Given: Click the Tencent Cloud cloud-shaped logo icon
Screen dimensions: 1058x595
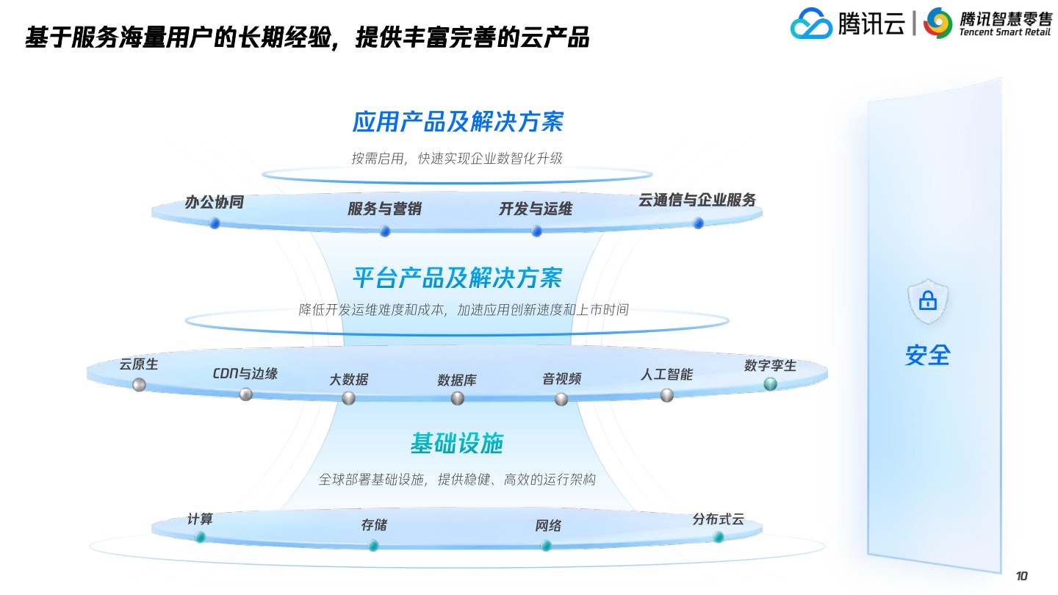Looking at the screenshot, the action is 811,24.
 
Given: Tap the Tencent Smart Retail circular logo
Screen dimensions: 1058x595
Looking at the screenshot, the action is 938,23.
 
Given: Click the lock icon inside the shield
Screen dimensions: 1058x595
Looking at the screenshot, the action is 928,300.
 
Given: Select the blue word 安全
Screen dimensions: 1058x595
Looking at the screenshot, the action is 928,355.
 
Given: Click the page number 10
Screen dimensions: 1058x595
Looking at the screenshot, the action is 1021,576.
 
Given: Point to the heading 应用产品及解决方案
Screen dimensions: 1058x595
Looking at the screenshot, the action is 458,122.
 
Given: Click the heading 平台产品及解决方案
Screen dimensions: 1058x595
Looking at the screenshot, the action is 458,278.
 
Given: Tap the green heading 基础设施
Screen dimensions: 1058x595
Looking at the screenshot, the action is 457,444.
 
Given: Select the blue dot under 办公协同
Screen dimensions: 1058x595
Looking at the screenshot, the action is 215,223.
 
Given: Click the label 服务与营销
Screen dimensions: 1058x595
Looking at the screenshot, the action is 384,209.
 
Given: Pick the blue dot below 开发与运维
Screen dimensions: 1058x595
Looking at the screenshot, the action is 536,231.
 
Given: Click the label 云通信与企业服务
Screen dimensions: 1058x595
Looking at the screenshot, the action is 697,201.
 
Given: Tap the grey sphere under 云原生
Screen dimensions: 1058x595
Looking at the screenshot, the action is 139,385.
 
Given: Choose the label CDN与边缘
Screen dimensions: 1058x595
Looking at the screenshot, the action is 245,373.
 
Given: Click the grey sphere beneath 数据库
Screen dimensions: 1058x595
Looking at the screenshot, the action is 457,399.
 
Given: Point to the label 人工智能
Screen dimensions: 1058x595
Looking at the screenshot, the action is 666,375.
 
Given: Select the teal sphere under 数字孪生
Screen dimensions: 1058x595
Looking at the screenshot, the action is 770,384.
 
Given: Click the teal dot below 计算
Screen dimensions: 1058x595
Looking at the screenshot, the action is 200,537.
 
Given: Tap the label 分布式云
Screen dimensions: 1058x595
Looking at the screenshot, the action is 719,519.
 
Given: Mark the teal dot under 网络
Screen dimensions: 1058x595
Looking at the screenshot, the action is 546,546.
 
